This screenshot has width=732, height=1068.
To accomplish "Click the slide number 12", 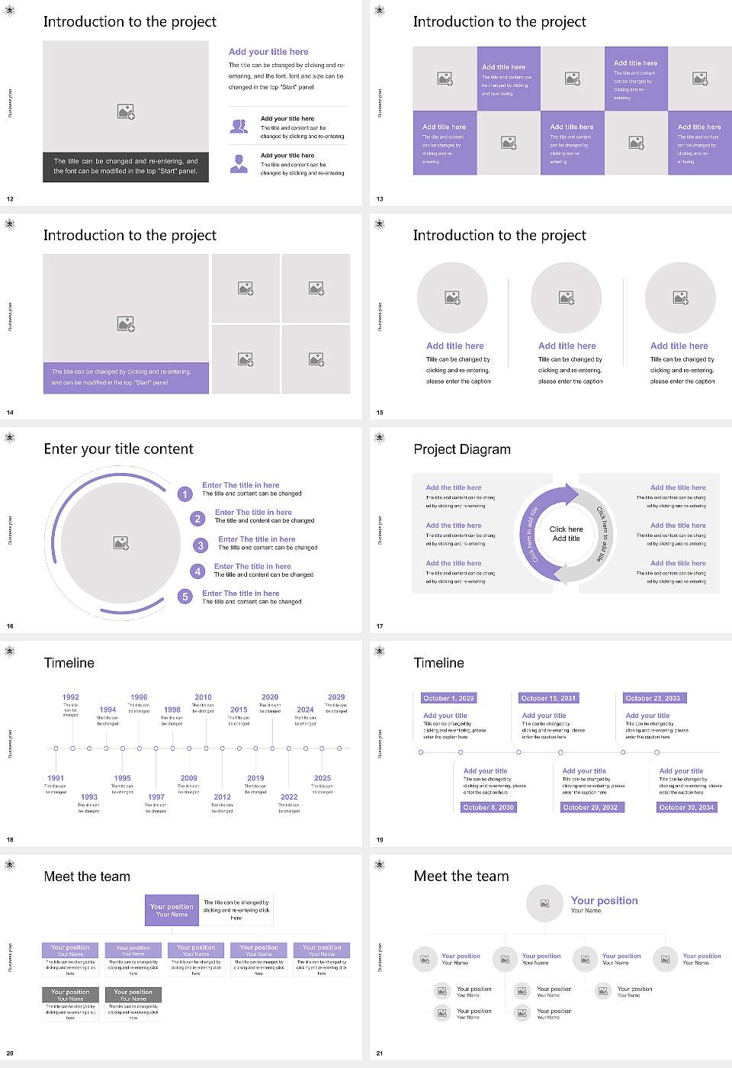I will [10, 199].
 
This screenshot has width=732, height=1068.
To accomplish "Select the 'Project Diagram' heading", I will [462, 449].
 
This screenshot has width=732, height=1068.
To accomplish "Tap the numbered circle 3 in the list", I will [201, 545].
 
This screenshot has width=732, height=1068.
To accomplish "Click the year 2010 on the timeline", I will [203, 697].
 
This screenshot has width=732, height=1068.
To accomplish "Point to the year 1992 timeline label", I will [70, 697].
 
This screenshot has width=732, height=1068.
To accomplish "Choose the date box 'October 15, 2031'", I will [547, 698].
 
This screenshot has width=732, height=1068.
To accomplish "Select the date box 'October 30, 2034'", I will [686, 807].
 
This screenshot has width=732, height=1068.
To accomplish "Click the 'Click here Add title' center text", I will [566, 533].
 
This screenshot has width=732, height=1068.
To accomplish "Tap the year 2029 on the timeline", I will [336, 697].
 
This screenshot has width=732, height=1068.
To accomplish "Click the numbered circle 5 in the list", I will [185, 597].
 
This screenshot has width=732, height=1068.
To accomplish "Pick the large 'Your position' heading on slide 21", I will [604, 901].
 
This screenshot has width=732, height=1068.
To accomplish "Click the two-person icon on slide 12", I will [239, 127].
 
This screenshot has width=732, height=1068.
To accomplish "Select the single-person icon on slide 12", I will [239, 163].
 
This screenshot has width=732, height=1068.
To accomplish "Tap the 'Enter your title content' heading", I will [118, 449].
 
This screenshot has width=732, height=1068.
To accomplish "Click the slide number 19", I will [380, 840].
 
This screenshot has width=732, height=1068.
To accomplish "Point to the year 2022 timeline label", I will [289, 796].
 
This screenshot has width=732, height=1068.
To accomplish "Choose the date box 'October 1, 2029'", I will [448, 698].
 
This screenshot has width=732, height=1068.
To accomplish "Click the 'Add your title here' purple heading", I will [268, 52].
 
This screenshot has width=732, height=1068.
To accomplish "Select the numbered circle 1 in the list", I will [185, 494].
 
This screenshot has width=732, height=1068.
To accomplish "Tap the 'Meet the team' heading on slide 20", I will [87, 877].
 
